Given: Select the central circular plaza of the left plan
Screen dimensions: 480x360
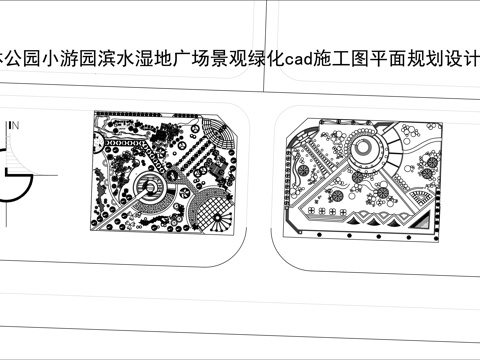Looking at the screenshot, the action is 152,186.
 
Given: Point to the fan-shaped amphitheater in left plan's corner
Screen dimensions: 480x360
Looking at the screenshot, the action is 219,132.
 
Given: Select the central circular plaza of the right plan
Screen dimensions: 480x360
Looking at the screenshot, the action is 366,151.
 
